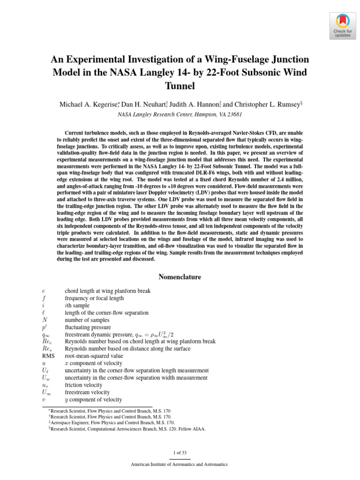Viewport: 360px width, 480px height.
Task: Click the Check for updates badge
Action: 342,26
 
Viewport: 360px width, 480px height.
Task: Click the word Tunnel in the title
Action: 180,86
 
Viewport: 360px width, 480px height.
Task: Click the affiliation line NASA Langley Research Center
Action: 180,114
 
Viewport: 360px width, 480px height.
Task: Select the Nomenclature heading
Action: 180,277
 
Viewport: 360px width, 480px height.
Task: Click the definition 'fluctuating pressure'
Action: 88,327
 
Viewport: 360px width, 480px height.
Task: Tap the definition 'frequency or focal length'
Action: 94,298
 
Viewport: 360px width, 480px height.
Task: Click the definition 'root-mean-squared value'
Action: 93,356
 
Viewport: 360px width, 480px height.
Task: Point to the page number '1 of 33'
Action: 180,452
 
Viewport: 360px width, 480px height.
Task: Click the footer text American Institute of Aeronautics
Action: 180,465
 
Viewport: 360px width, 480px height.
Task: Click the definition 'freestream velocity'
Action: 87,392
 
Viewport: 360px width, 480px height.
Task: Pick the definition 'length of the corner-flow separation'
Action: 106,313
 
